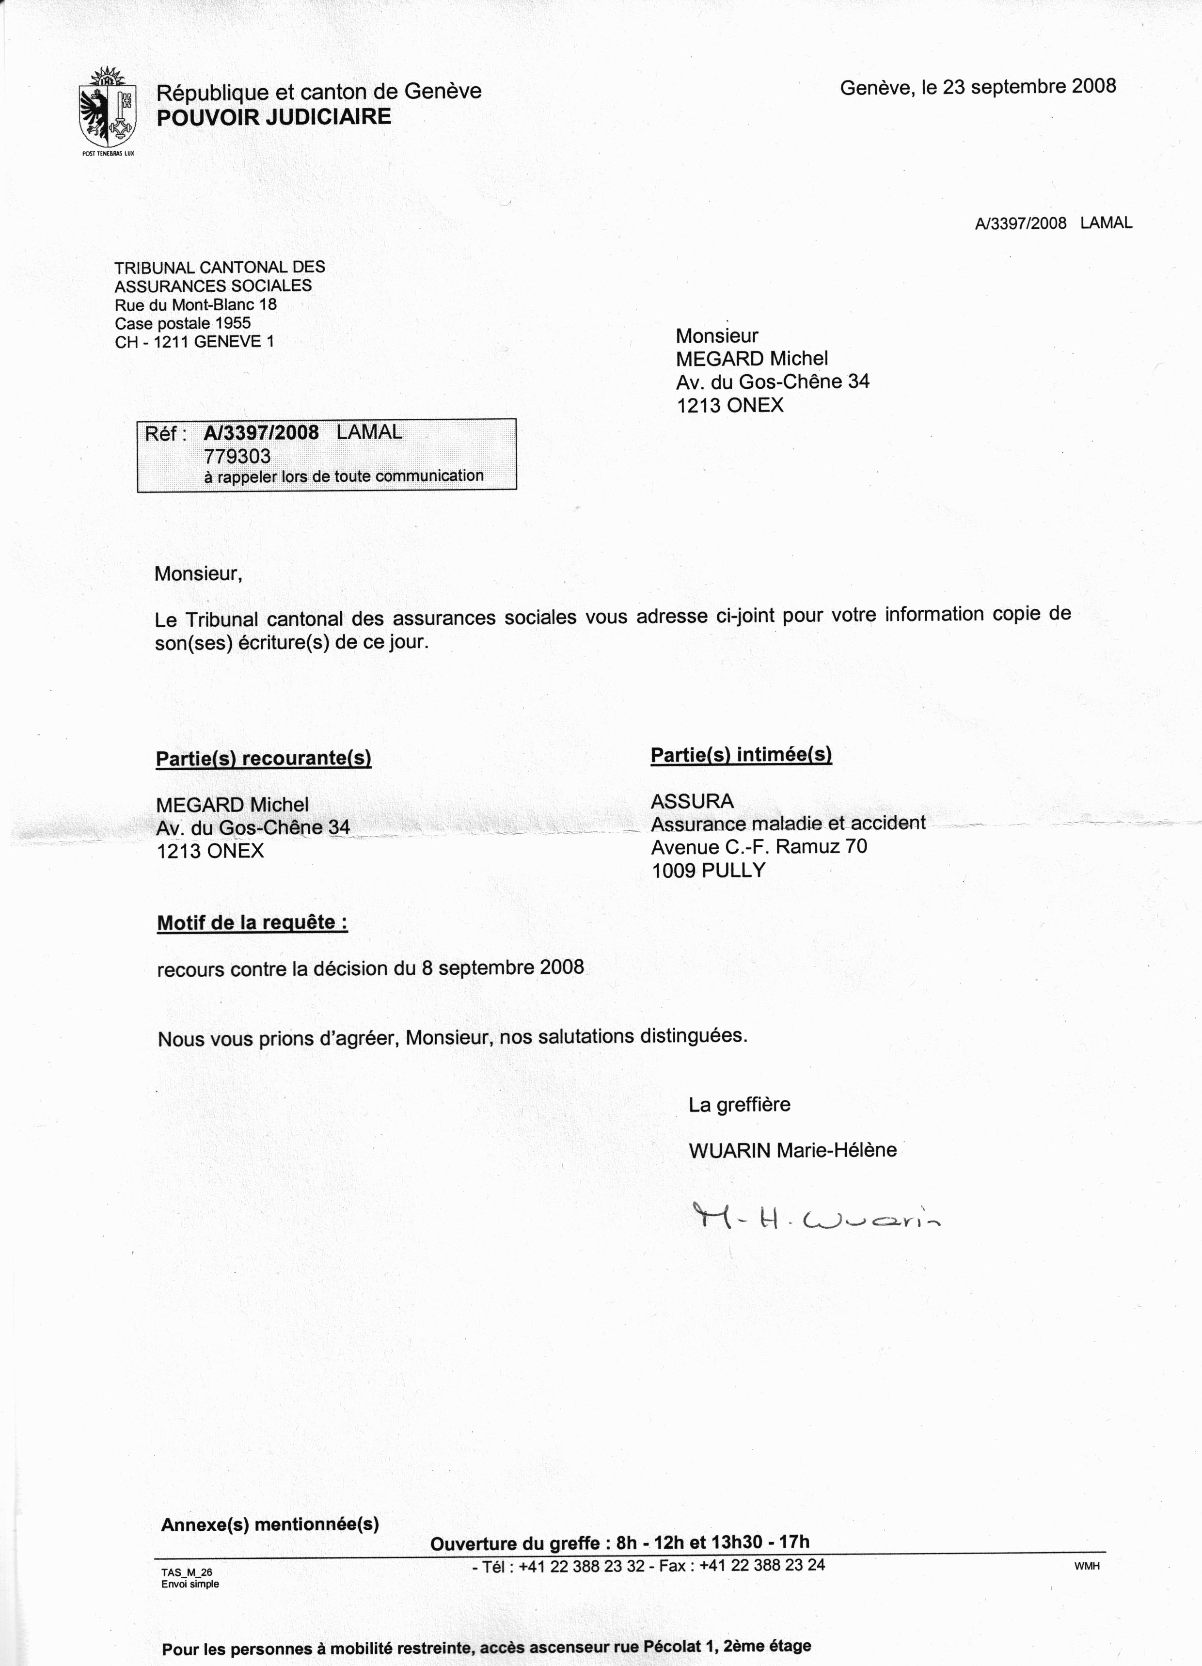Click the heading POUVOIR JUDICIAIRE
click(273, 117)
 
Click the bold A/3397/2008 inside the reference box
click(262, 433)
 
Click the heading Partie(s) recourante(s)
click(263, 759)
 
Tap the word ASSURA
click(692, 801)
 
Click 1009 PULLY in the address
click(708, 871)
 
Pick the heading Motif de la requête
click(252, 922)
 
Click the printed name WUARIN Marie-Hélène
click(792, 1150)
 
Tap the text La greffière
click(739, 1105)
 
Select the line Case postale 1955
click(182, 323)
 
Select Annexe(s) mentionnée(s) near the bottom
click(269, 1525)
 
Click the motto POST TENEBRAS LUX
click(109, 154)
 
